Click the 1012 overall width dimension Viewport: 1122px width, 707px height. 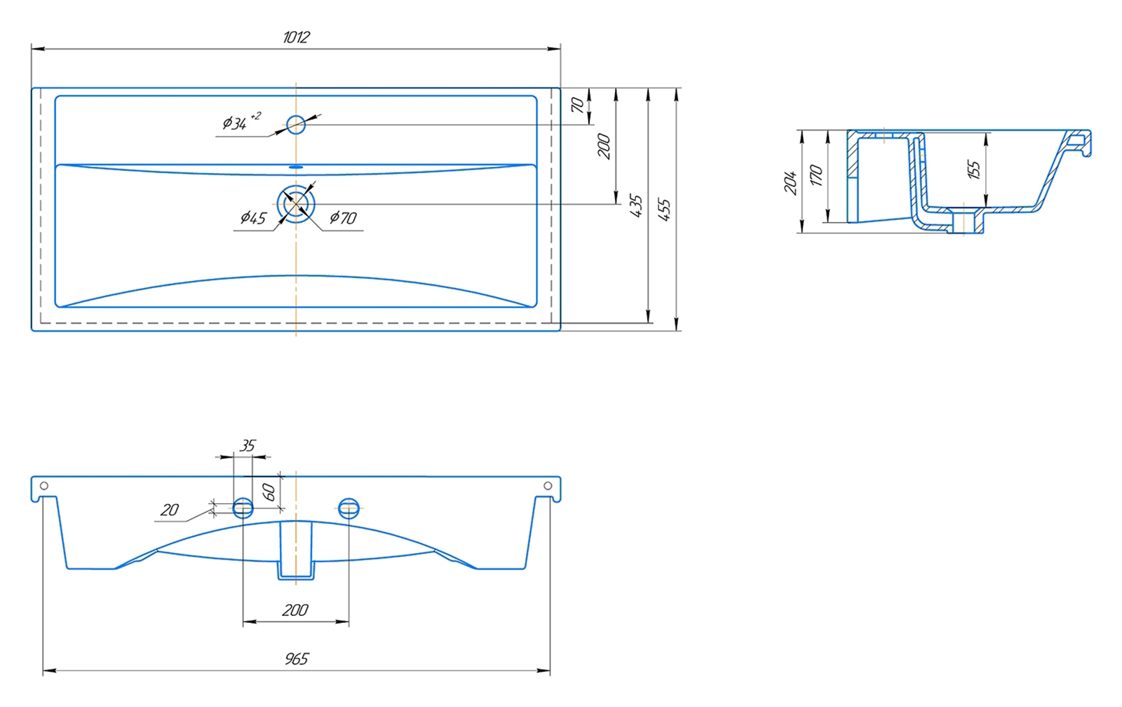pyautogui.click(x=296, y=37)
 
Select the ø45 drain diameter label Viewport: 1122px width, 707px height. pyautogui.click(x=253, y=218)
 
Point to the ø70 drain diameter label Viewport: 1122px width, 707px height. pyautogui.click(x=343, y=218)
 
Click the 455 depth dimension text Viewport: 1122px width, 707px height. pyautogui.click(x=664, y=209)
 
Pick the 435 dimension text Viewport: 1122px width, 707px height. pyautogui.click(x=635, y=206)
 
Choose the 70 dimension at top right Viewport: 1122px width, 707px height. pyautogui.click(x=577, y=105)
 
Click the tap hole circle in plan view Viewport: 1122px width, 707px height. pyautogui.click(x=296, y=125)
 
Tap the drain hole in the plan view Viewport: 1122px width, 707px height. pyautogui.click(x=296, y=203)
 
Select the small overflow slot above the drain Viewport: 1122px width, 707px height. pyautogui.click(x=296, y=167)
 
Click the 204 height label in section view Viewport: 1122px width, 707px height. pyautogui.click(x=790, y=182)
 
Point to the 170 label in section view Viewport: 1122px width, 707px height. pyautogui.click(x=816, y=175)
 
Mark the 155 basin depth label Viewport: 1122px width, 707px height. pyautogui.click(x=973, y=170)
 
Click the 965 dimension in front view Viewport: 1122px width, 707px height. pyautogui.click(x=296, y=659)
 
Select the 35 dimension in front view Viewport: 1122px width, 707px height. pyautogui.click(x=248, y=446)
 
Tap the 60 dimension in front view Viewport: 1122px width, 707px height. pyautogui.click(x=269, y=492)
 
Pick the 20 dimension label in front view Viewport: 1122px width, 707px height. pyautogui.click(x=169, y=510)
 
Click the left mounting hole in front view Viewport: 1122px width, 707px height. pyautogui.click(x=243, y=508)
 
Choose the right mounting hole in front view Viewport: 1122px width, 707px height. pyautogui.click(x=349, y=508)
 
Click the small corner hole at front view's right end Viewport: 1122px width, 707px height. pyautogui.click(x=548, y=486)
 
